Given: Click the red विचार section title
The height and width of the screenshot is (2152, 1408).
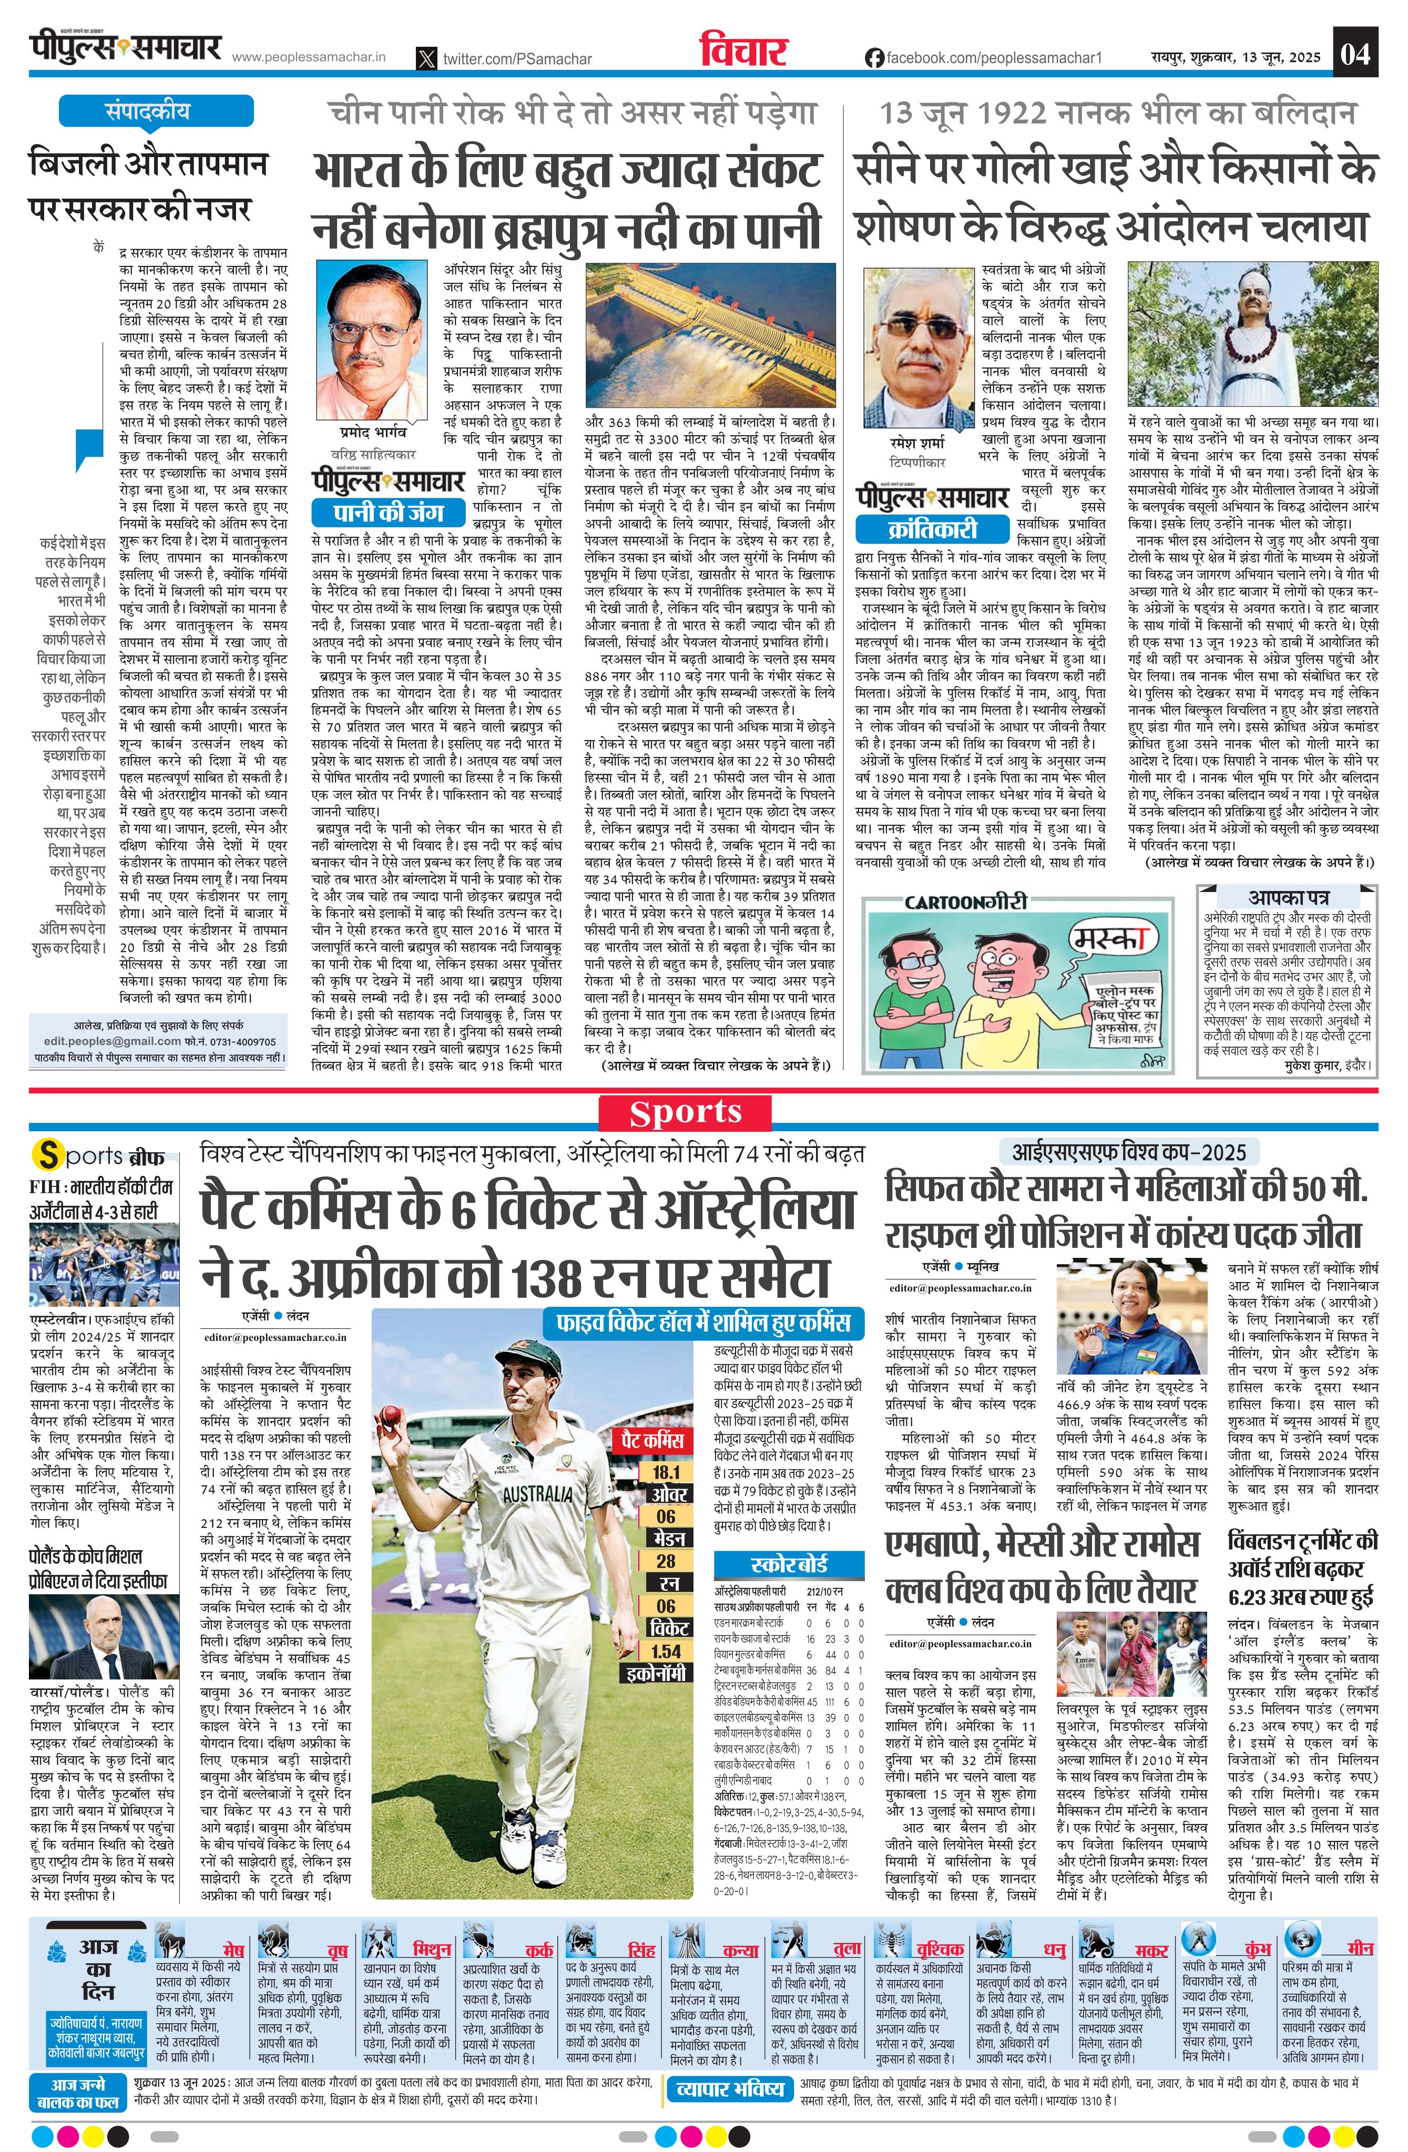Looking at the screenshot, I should click(x=743, y=53).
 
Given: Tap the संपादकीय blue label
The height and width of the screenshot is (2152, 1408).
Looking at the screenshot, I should click(x=147, y=112).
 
